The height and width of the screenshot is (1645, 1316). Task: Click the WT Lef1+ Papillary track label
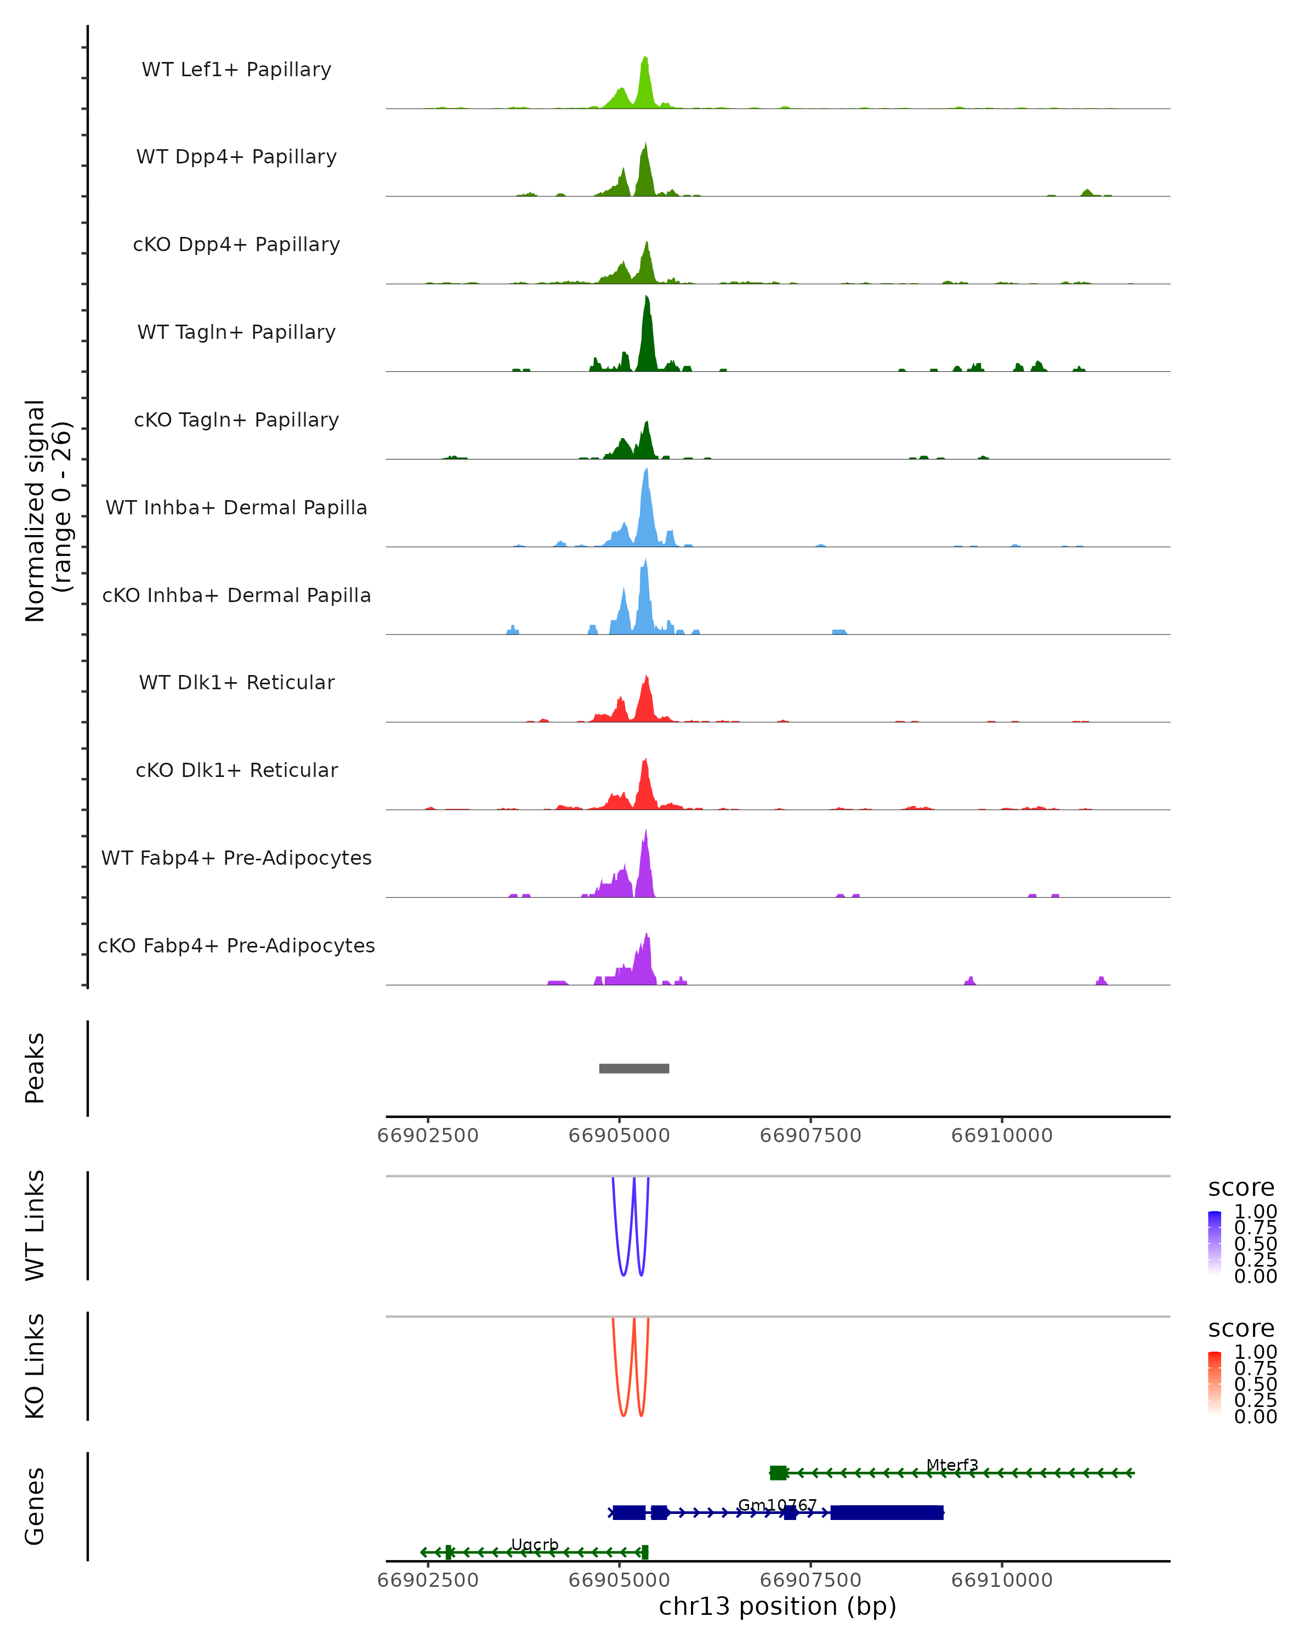[x=236, y=70]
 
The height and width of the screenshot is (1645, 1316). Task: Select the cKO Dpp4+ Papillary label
[x=236, y=245]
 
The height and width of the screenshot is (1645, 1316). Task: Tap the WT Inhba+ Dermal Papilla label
[x=236, y=508]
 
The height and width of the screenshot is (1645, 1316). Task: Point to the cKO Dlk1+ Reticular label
[x=236, y=770]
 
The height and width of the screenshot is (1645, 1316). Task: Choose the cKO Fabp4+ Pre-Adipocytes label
[x=236, y=946]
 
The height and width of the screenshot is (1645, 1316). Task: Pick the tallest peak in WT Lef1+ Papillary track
[x=645, y=60]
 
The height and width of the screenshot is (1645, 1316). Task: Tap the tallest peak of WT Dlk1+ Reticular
[x=646, y=679]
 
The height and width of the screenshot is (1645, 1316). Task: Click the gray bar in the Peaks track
[x=634, y=1068]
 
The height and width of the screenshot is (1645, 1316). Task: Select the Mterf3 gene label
[x=952, y=1465]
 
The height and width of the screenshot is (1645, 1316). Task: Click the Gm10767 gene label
[x=776, y=1505]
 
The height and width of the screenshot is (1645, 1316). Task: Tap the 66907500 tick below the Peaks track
[x=810, y=1136]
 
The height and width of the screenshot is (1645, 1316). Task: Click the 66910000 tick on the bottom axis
[x=1002, y=1580]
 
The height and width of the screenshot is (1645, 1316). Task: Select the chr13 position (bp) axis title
[x=778, y=1607]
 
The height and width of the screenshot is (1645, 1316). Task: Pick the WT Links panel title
[x=35, y=1226]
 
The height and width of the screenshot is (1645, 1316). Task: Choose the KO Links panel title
[x=35, y=1366]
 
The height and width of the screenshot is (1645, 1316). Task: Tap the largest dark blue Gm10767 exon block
[x=887, y=1512]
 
